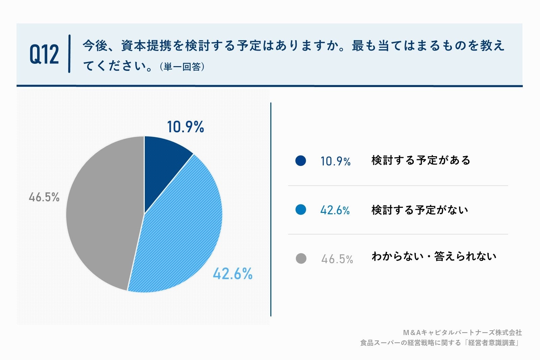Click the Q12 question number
[x=44, y=54]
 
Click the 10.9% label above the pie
[x=185, y=127]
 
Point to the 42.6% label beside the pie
[x=233, y=274]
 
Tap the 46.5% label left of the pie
[x=44, y=197]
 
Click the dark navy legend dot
[x=300, y=161]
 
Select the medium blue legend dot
[x=300, y=210]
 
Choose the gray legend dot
[x=301, y=259]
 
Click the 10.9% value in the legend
[x=335, y=161]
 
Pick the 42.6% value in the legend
[x=335, y=211]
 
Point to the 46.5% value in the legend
[x=337, y=259]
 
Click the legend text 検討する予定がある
[x=421, y=160]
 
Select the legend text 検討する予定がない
[x=420, y=210]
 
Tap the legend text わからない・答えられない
[x=434, y=256]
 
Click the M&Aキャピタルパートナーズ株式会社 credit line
[x=462, y=333]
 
